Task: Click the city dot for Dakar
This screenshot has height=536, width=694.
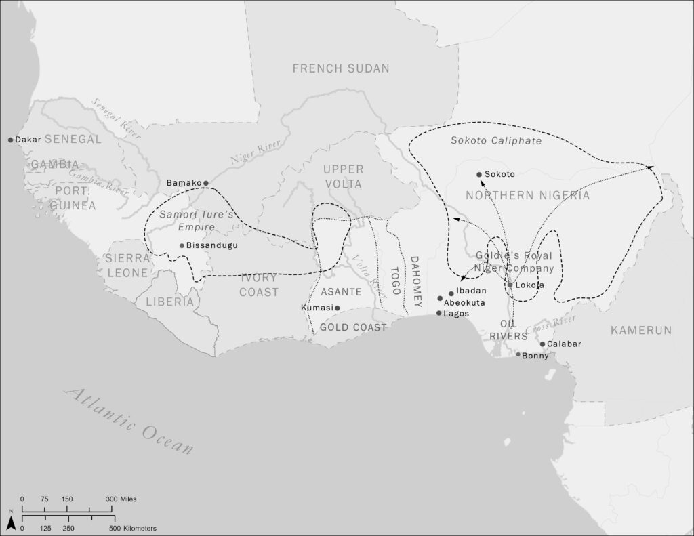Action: [x=11, y=140]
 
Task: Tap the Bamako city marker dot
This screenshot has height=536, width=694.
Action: [x=206, y=183]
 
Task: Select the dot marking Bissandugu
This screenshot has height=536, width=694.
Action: [x=182, y=245]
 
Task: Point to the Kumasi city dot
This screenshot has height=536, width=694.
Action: [x=337, y=308]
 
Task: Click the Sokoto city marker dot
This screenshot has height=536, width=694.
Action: [x=479, y=174]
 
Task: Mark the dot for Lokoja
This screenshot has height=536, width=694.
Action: [x=510, y=285]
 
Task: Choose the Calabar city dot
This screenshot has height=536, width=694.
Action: [x=542, y=344]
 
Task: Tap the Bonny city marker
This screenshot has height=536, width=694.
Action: [x=518, y=354]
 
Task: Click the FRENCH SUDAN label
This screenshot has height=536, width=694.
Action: [x=341, y=68]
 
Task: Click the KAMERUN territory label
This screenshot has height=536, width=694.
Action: [x=640, y=330]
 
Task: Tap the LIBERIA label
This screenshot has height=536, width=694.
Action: [x=169, y=302]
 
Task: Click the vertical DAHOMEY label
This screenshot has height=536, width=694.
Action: [x=415, y=281]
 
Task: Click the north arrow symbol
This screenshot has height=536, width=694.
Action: [x=11, y=522]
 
